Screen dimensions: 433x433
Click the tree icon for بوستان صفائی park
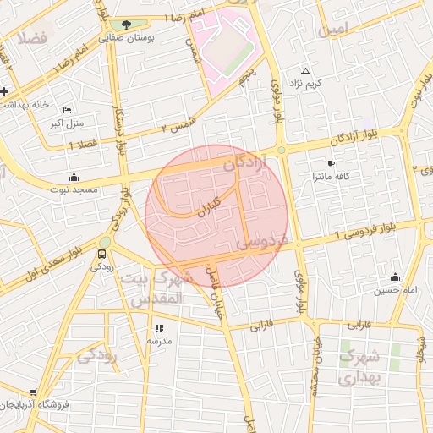pyautogui.click(x=127, y=25)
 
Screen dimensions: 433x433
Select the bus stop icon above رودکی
pyautogui.click(x=103, y=253)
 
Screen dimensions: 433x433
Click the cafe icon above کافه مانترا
pyautogui.click(x=330, y=163)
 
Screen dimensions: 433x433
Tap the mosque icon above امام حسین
pyautogui.click(x=395, y=277)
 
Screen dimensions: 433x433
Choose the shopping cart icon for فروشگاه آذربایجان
pyautogui.click(x=32, y=393)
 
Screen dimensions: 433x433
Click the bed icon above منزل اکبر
pyautogui.click(x=68, y=110)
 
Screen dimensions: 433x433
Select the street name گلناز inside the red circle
pyautogui.click(x=208, y=206)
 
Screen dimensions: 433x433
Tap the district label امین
pyautogui.click(x=332, y=30)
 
